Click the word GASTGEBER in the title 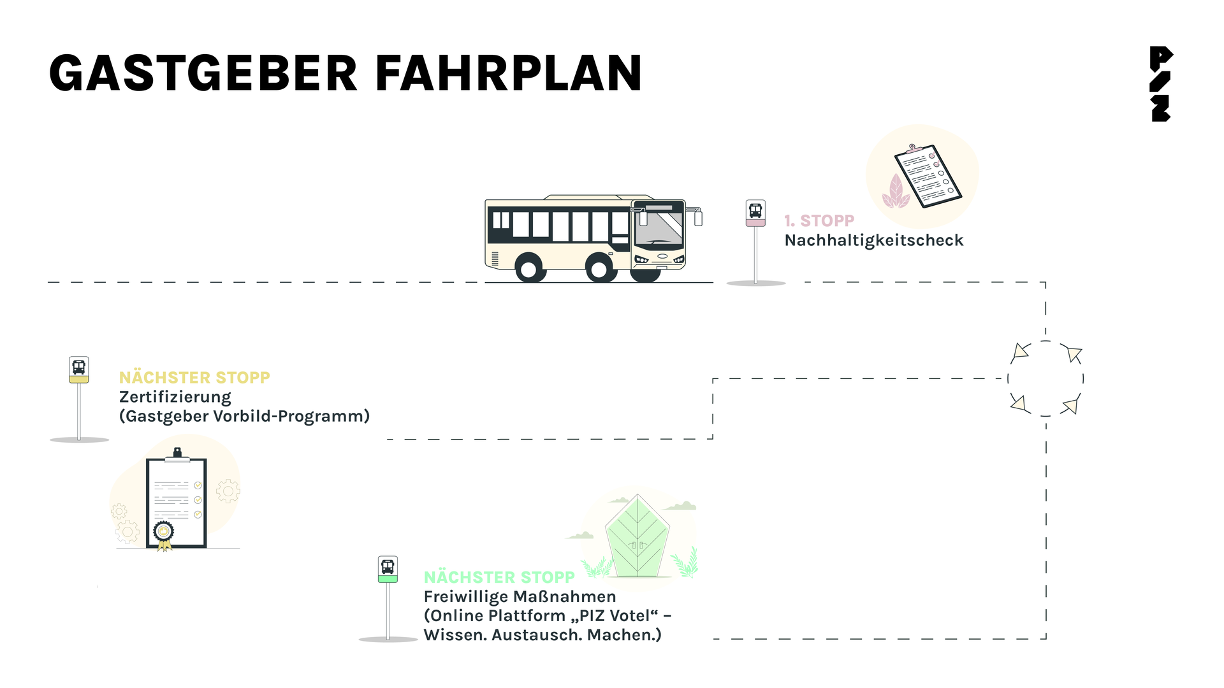click(x=203, y=73)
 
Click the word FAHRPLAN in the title click(x=509, y=73)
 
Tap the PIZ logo click(x=1161, y=84)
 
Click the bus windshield click(x=659, y=228)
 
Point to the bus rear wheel click(x=530, y=268)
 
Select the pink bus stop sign click(x=755, y=213)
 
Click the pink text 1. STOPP click(x=819, y=221)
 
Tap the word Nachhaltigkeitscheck click(x=874, y=241)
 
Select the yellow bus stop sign click(x=79, y=370)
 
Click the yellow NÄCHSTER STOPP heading click(x=194, y=378)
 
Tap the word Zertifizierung click(x=175, y=398)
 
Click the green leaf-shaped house click(x=637, y=536)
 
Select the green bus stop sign click(x=388, y=570)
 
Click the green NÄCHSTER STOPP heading click(x=499, y=577)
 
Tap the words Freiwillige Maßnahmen click(x=520, y=597)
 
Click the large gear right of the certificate click(x=228, y=491)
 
